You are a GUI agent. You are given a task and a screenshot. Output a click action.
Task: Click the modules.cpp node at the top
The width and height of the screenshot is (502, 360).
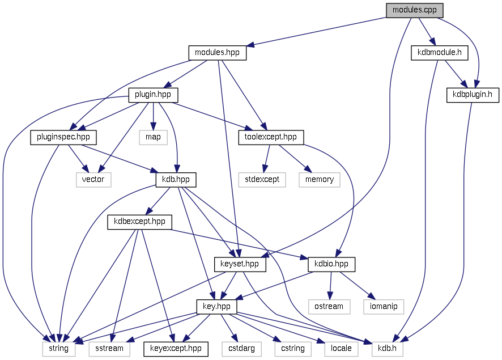414,10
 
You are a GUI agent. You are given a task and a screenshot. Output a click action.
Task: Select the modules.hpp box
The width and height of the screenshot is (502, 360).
217,53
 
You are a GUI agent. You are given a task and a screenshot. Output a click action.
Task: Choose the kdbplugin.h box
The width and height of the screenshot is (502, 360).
473,94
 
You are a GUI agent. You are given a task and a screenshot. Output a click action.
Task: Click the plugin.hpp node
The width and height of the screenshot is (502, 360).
153,94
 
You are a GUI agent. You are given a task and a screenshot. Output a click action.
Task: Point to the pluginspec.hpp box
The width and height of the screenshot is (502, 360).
63,137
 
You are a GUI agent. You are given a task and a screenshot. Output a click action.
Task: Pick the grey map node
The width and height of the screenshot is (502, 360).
152,137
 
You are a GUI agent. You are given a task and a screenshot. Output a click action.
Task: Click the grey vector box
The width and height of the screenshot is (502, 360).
93,179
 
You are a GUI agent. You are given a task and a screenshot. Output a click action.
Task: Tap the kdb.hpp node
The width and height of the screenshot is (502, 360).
176,179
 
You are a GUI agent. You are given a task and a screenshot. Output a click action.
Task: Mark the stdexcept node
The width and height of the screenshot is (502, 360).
262,179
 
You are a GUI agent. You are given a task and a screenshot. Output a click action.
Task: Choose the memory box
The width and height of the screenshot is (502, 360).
320,179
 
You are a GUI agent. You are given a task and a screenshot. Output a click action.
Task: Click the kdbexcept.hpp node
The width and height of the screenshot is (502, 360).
139,221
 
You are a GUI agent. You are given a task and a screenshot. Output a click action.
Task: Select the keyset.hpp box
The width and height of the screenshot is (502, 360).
240,264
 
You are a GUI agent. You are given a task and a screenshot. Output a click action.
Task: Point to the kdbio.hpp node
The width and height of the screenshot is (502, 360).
331,264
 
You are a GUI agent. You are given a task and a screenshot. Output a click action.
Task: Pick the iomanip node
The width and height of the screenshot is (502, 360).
384,306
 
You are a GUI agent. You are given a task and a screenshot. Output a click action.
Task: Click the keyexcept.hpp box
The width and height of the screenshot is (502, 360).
176,348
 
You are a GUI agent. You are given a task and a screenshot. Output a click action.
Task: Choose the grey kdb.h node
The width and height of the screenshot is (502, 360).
388,348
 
